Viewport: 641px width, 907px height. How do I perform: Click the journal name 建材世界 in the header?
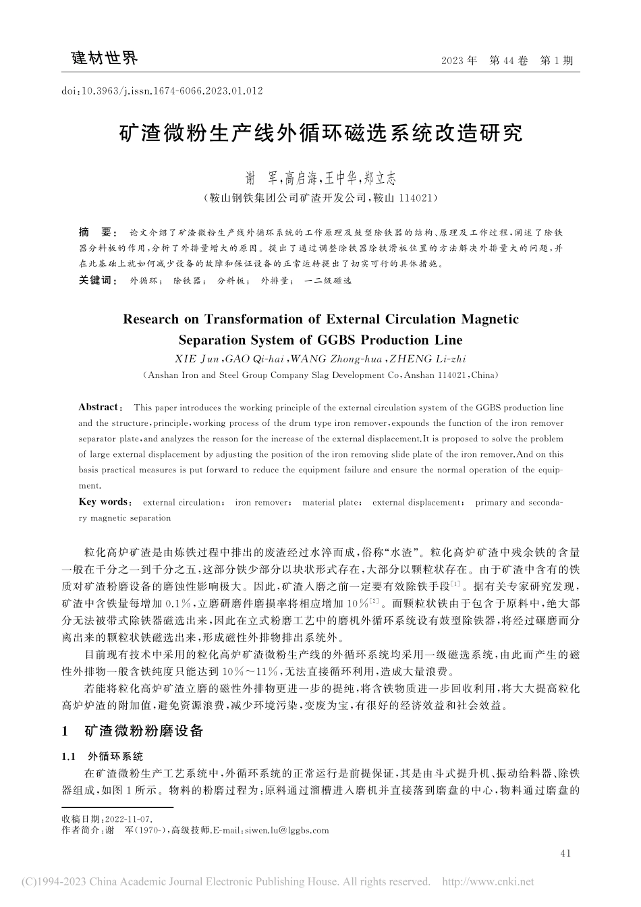pos(105,59)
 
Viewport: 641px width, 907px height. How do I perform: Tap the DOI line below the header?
pos(162,90)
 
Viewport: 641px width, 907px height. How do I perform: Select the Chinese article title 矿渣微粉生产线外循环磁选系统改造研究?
pos(320,133)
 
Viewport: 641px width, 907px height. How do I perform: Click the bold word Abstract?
pos(99,407)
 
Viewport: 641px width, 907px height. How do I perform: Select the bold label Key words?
pos(103,502)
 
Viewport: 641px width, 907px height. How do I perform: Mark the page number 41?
pos(565,854)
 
